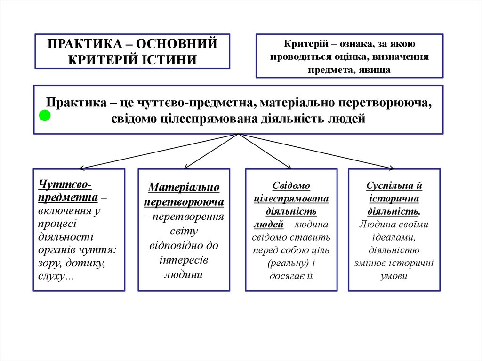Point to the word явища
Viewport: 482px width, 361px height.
375,70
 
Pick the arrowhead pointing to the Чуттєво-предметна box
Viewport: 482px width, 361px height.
82,168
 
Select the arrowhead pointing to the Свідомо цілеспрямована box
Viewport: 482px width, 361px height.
289,167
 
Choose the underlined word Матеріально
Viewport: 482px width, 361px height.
184,188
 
